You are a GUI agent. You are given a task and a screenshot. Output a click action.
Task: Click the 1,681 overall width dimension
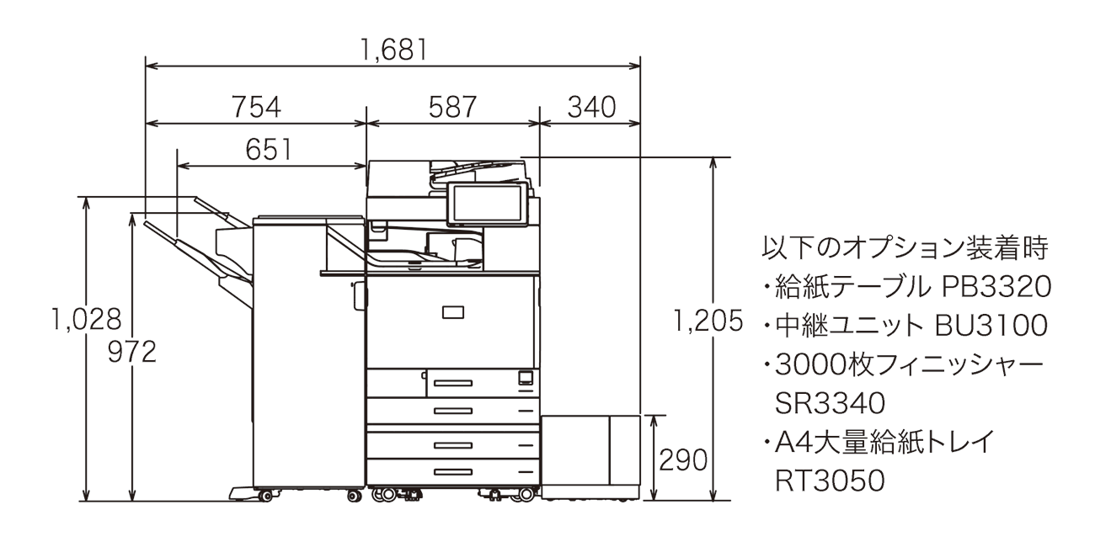click(393, 50)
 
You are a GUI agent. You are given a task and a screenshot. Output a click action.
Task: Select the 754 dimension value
click(256, 107)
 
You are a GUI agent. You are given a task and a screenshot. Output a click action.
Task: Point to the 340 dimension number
click(590, 107)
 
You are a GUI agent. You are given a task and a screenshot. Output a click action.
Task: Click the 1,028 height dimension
click(86, 320)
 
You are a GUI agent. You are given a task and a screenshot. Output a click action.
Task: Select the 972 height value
click(132, 353)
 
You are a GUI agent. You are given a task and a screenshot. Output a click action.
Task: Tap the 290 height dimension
click(682, 459)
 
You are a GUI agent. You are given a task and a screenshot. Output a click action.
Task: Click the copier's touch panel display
click(487, 204)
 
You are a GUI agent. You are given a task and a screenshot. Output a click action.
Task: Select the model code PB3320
click(994, 288)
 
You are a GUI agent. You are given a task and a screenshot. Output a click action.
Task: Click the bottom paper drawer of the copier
click(452, 471)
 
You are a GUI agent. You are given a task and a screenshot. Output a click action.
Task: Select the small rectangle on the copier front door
click(452, 313)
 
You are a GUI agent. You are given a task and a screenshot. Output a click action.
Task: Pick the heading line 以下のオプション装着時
click(904, 249)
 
